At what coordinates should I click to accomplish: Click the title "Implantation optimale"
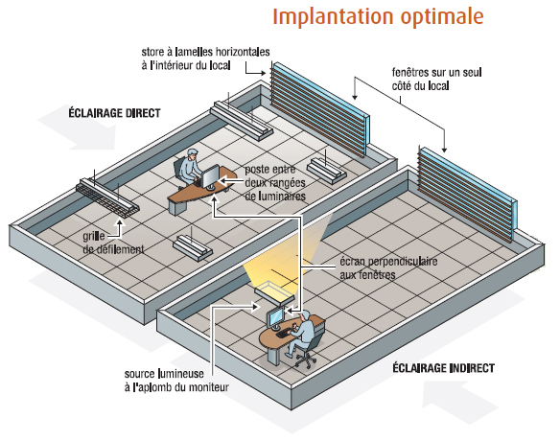[x=378, y=17]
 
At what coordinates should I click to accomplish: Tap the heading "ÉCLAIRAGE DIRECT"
[x=114, y=113]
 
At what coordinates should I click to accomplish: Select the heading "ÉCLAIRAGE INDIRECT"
[x=444, y=368]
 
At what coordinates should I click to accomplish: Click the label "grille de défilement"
[x=113, y=243]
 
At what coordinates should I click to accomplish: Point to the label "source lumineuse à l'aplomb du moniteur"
[x=176, y=381]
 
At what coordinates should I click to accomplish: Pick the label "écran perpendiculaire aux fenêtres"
[x=388, y=268]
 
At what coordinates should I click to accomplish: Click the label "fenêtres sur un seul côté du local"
[x=437, y=79]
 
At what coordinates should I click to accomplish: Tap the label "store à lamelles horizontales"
[x=205, y=52]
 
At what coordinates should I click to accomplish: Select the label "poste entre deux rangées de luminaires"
[x=275, y=182]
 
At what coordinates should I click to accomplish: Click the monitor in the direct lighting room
[x=210, y=177]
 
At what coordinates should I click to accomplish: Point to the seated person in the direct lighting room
[x=189, y=168]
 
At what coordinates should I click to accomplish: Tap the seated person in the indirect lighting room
[x=301, y=334]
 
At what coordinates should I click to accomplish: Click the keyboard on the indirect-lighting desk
[x=283, y=335]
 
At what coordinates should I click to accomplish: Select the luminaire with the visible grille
[x=107, y=198]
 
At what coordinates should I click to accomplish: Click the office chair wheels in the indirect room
[x=306, y=360]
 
